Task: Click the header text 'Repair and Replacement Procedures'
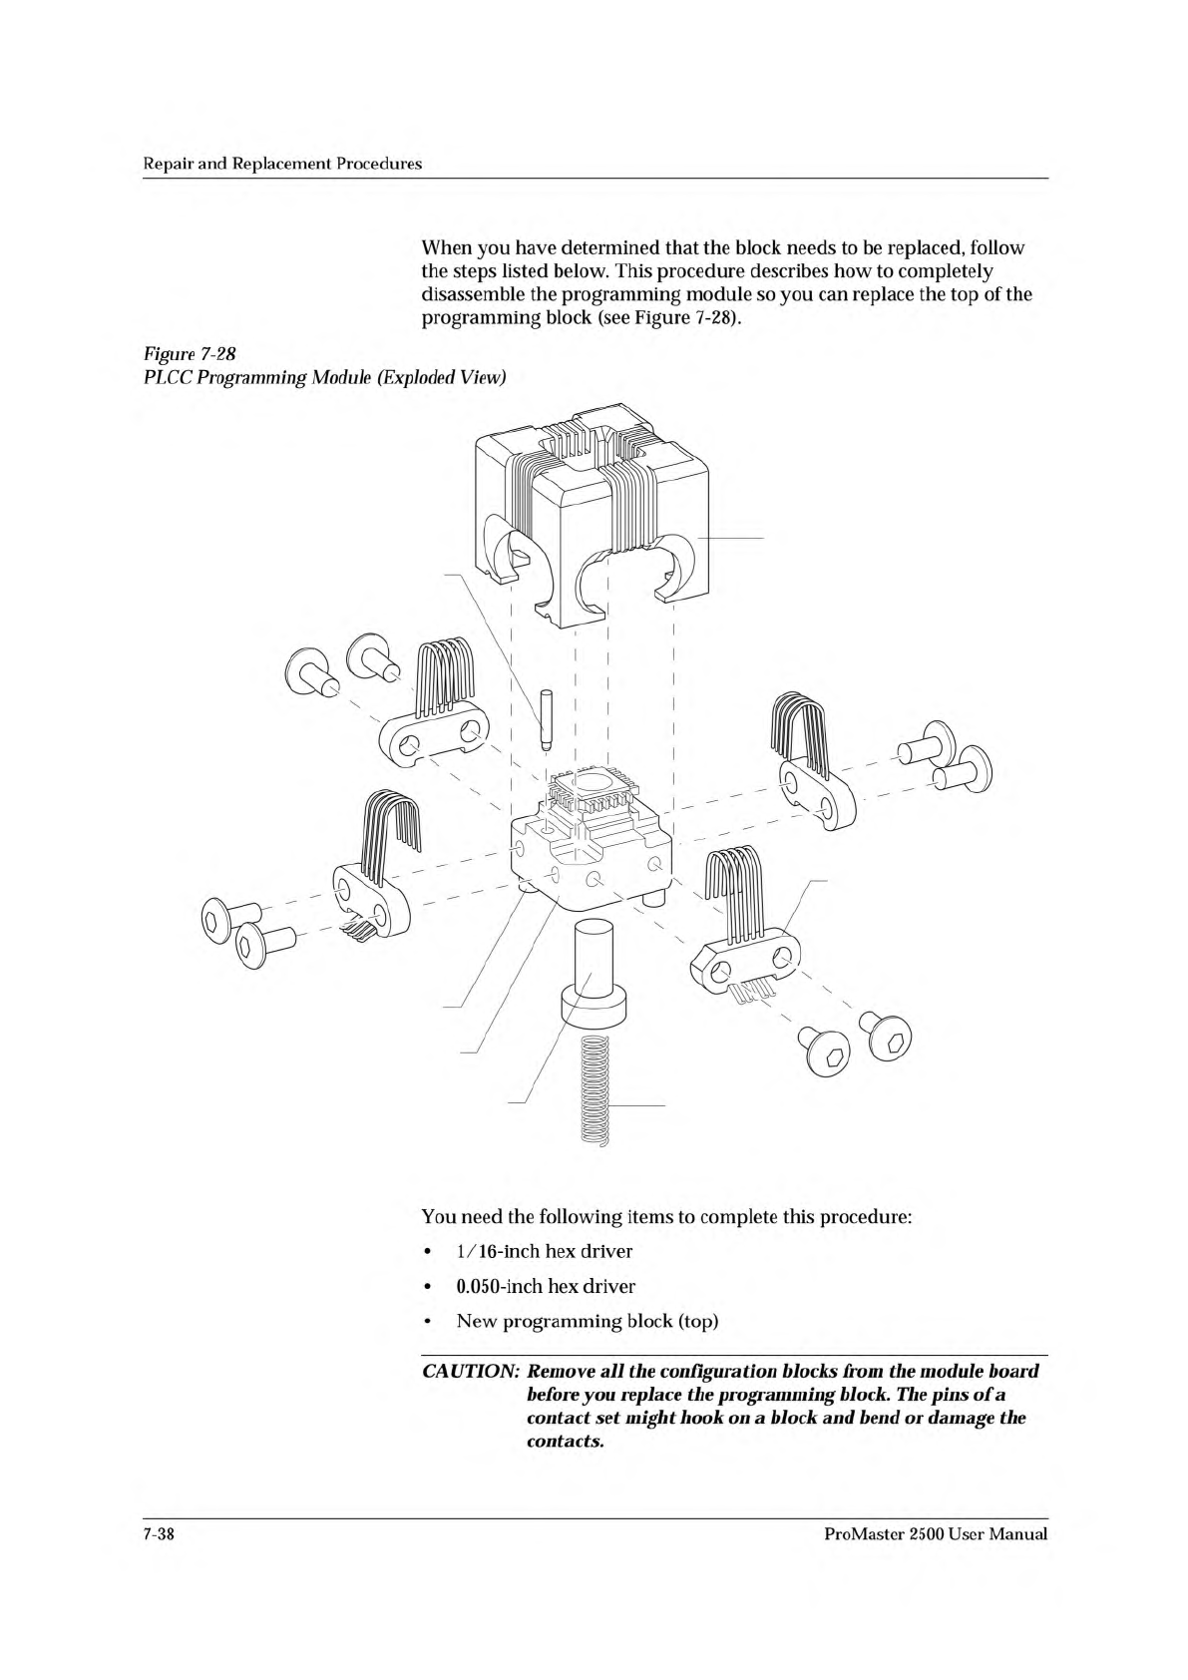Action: (x=281, y=163)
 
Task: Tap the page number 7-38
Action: (x=158, y=1533)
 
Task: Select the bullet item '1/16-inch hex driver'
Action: (x=544, y=1251)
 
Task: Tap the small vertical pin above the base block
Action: (x=546, y=718)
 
